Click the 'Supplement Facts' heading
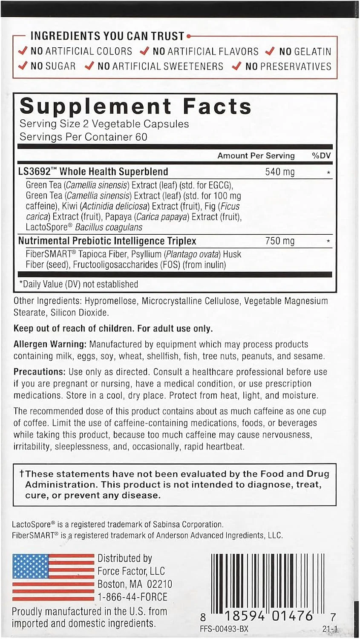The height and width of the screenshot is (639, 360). click(x=135, y=106)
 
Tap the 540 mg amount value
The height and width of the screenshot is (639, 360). click(x=279, y=172)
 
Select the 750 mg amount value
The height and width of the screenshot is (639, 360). click(x=279, y=241)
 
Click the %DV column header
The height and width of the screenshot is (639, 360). click(x=321, y=155)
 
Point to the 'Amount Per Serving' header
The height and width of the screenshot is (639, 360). click(x=256, y=155)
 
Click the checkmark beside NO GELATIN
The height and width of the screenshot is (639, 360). click(x=269, y=51)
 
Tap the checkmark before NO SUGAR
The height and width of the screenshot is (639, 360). click(x=23, y=66)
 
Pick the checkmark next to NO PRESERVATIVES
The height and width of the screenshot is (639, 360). click(x=237, y=66)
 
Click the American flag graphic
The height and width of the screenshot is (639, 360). click(x=53, y=577)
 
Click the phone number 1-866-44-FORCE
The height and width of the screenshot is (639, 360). click(x=132, y=597)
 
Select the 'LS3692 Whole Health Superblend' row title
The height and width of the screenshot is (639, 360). click(x=93, y=172)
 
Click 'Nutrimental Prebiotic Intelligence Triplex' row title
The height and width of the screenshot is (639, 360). click(x=107, y=241)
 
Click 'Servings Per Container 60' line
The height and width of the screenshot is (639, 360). click(x=83, y=137)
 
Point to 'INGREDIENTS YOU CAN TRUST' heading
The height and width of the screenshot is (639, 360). click(x=107, y=36)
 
